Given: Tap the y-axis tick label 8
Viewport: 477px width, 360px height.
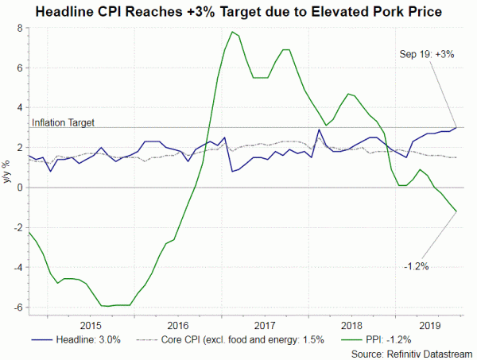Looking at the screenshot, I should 18,28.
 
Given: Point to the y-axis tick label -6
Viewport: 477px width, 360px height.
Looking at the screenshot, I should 16,308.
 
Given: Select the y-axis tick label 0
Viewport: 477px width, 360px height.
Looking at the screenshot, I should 18,188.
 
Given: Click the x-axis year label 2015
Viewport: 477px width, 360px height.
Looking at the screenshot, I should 90,324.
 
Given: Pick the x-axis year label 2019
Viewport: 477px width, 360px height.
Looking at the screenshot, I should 429,324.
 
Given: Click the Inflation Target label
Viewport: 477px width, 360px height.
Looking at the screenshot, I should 63,122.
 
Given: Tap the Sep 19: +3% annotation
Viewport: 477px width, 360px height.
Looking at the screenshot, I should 427,53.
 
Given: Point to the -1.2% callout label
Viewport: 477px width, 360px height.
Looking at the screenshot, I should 415,266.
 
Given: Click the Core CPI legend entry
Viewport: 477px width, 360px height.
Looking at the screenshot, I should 227,339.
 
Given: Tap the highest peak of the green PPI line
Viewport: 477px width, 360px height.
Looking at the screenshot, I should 231,32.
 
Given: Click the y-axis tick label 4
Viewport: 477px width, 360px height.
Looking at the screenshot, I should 18,107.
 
